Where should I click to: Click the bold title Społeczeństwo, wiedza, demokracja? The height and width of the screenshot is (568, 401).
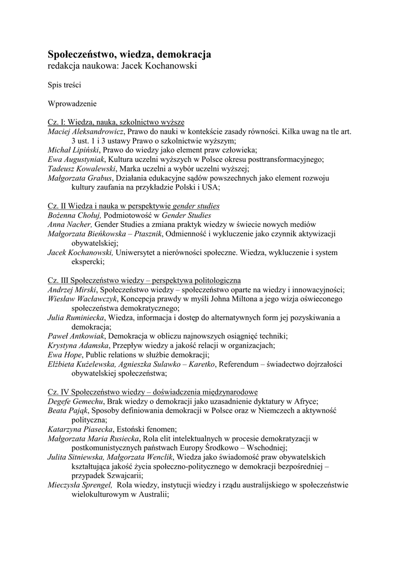[129, 54]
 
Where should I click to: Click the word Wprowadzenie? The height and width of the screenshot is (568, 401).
[73, 103]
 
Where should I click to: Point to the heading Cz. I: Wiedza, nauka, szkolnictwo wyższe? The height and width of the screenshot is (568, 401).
[116, 121]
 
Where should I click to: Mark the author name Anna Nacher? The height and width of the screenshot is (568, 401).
[69, 225]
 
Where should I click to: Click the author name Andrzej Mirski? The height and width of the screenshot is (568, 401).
[72, 290]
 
